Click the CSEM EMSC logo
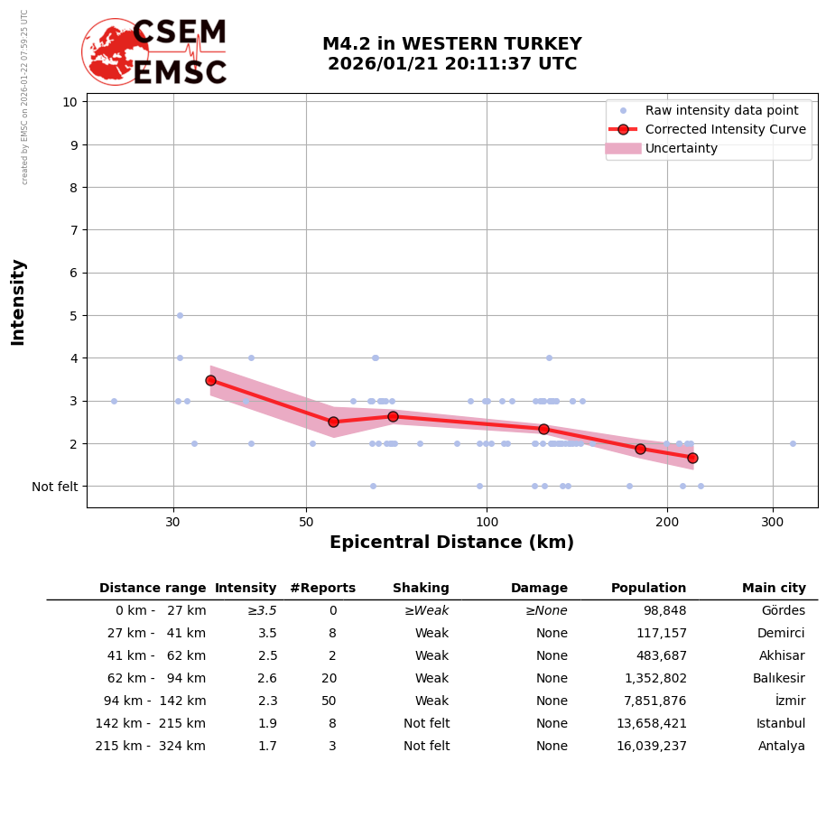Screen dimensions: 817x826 [154, 52]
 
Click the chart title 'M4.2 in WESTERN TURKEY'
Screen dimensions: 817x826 [451, 44]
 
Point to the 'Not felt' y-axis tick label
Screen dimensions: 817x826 [54, 487]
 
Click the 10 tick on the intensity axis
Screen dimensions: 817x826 [70, 101]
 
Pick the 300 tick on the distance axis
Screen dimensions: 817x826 [772, 521]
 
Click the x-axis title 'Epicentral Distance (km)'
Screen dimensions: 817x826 [451, 543]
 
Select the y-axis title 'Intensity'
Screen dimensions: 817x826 [18, 302]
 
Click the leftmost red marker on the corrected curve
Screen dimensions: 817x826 [210, 380]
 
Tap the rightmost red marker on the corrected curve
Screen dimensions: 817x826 [692, 458]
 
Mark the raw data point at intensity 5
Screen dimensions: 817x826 [180, 315]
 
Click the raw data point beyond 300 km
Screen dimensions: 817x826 [793, 443]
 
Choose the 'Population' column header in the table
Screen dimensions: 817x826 [648, 589]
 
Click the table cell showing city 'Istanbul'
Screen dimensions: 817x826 [781, 724]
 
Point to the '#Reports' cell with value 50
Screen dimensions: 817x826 [329, 701]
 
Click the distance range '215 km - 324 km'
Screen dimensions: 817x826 [151, 747]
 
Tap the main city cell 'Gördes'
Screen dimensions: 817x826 [783, 611]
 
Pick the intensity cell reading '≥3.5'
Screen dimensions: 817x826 [262, 611]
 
